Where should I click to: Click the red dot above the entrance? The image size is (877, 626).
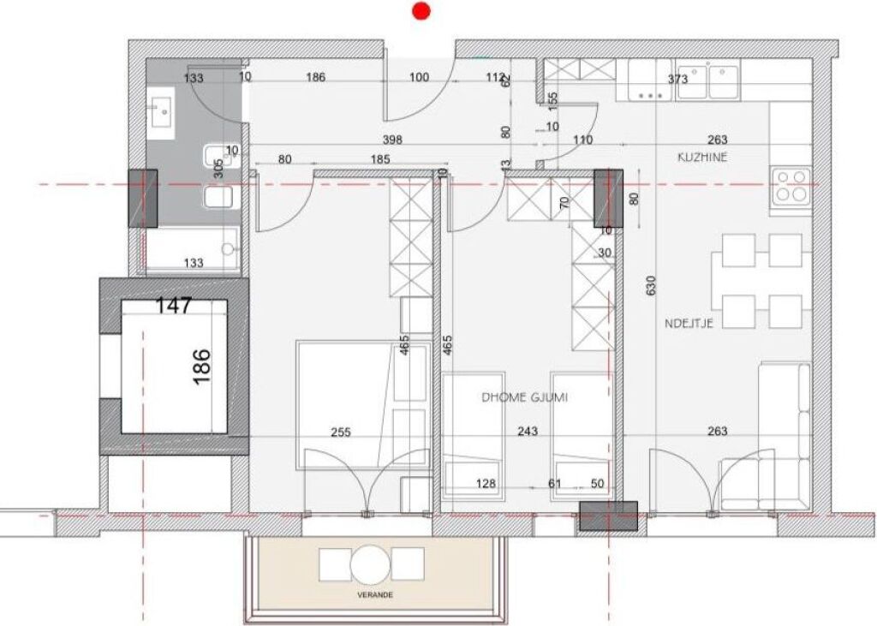[421, 11]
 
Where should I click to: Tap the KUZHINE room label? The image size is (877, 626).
[703, 158]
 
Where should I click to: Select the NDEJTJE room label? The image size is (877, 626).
[689, 323]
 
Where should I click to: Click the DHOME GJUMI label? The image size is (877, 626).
[525, 397]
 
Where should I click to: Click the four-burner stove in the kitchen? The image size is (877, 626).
[791, 186]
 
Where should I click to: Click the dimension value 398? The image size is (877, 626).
[392, 140]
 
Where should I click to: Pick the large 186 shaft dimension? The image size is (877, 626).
[202, 366]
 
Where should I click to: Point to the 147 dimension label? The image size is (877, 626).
[174, 305]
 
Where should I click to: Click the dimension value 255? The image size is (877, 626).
[340, 432]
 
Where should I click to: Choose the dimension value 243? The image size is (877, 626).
[528, 432]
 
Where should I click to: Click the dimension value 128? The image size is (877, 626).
[486, 484]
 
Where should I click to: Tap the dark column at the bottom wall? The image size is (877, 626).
[608, 516]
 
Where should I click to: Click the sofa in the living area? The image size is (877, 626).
[780, 437]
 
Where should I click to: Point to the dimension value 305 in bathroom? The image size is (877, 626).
[218, 168]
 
